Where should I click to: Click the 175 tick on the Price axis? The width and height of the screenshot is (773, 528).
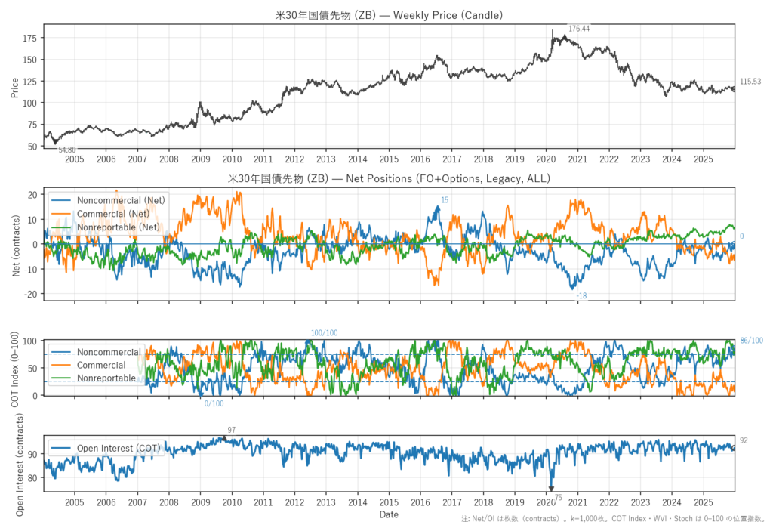pos(30,38)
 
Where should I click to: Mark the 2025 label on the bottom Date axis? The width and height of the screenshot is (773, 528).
pos(702,502)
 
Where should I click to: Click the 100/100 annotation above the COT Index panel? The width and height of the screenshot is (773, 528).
pos(325,333)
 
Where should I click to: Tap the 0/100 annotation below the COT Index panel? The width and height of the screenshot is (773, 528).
pos(214,403)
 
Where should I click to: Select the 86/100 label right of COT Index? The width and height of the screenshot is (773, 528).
pos(751,341)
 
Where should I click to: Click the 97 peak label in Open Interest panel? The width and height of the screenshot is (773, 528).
pos(231,430)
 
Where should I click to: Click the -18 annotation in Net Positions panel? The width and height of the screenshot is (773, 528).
pos(581,297)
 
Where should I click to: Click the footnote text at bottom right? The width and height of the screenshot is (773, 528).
pos(615,519)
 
